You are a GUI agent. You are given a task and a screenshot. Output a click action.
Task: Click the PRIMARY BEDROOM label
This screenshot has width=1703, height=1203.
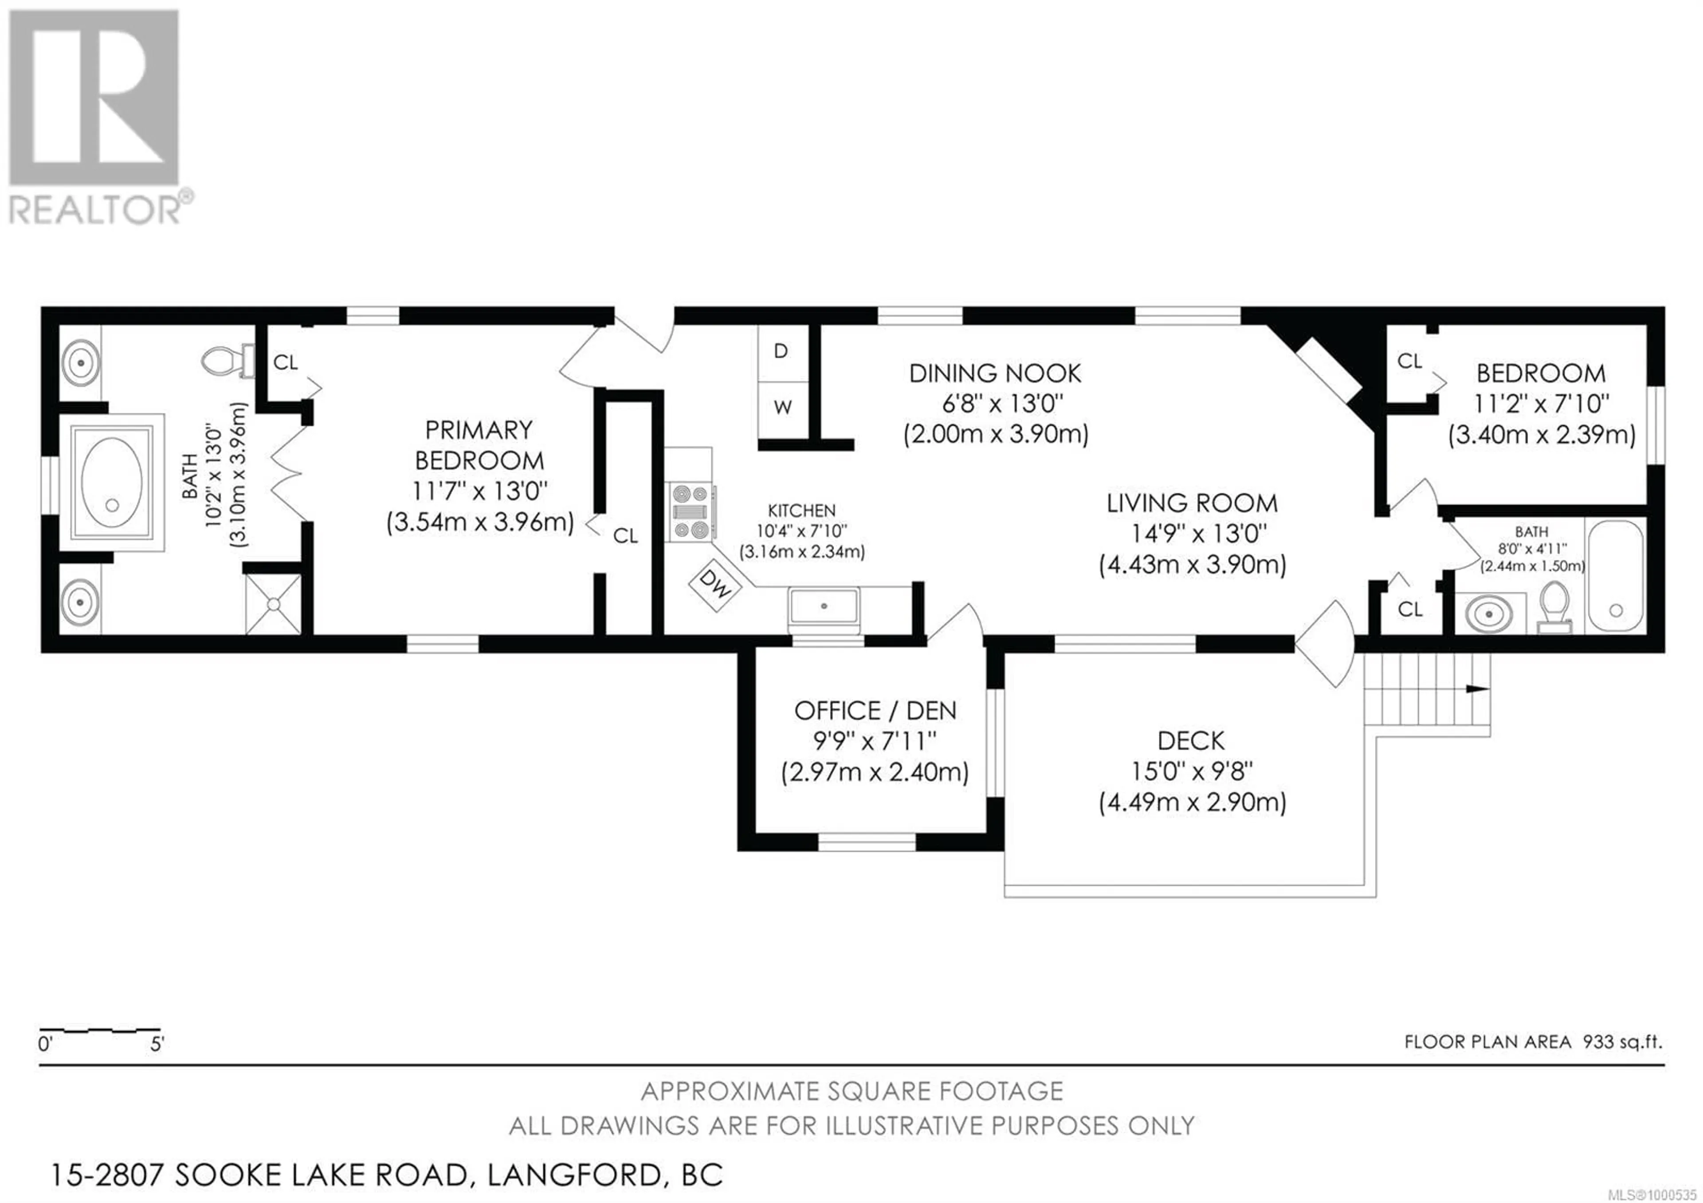(479, 445)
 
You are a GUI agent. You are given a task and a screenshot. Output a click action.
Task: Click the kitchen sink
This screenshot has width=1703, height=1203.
(824, 606)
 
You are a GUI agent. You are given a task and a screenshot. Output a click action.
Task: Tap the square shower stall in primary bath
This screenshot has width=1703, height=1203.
(274, 605)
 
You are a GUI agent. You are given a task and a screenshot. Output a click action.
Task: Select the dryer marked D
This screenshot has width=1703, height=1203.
(782, 352)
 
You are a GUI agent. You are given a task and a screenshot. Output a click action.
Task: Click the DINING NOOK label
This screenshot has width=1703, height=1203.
(995, 373)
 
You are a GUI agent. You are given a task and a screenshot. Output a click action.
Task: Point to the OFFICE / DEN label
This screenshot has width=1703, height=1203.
(875, 711)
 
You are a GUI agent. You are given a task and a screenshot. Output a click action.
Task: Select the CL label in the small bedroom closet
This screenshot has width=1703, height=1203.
(1409, 361)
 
